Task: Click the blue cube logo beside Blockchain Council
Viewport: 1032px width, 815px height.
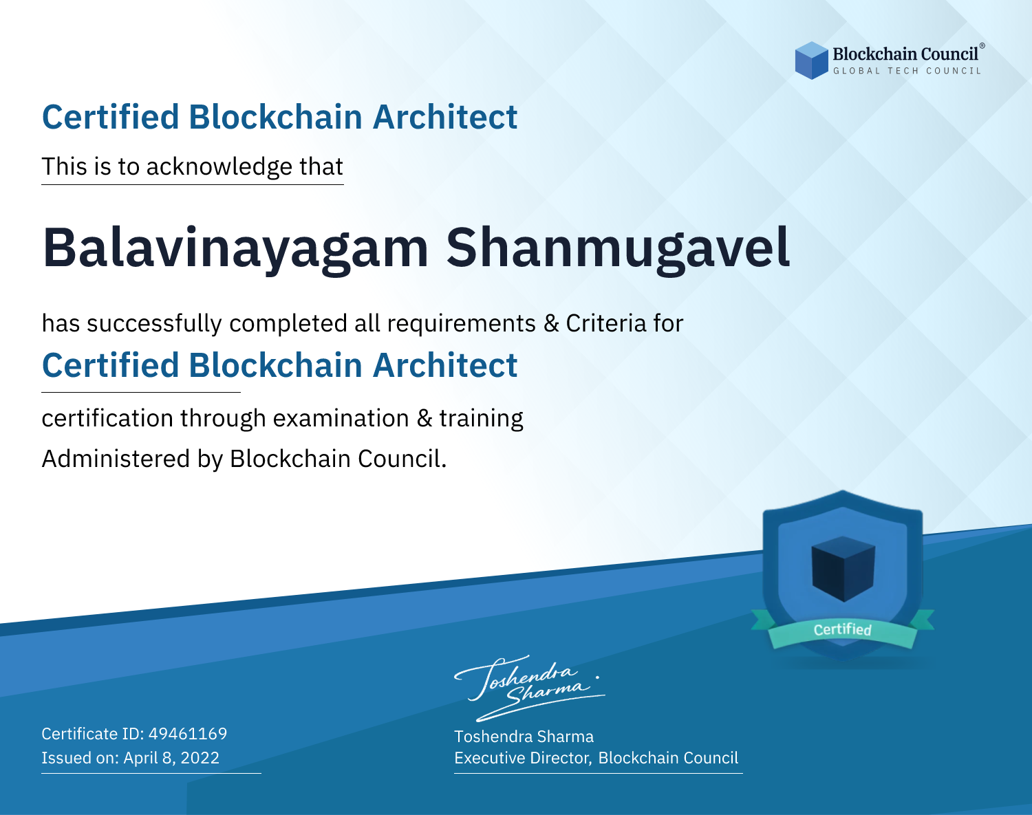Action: pyautogui.click(x=811, y=61)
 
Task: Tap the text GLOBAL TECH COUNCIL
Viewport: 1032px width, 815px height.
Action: pyautogui.click(x=907, y=71)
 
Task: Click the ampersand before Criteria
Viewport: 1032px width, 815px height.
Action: pyautogui.click(x=551, y=323)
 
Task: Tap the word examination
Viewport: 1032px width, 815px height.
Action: pyautogui.click(x=341, y=418)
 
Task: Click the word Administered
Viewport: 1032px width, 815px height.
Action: pyautogui.click(x=116, y=458)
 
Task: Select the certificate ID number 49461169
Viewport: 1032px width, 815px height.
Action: pyautogui.click(x=188, y=733)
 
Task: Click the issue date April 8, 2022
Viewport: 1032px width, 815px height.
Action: pyautogui.click(x=171, y=758)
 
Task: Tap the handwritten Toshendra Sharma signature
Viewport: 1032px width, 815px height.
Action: pyautogui.click(x=530, y=688)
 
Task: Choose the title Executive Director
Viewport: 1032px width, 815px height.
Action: pyautogui.click(x=522, y=758)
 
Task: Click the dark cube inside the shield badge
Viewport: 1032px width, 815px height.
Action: pyautogui.click(x=843, y=568)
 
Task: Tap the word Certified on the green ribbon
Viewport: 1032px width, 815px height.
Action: pyautogui.click(x=843, y=629)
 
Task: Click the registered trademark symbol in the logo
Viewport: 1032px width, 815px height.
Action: pyautogui.click(x=982, y=45)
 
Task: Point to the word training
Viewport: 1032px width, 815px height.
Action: pyautogui.click(x=481, y=419)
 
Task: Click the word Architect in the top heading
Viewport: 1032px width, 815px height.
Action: pyautogui.click(x=444, y=118)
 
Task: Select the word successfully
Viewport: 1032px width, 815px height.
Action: pyautogui.click(x=154, y=324)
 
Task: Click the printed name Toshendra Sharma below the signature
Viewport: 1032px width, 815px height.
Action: pyautogui.click(x=524, y=737)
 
